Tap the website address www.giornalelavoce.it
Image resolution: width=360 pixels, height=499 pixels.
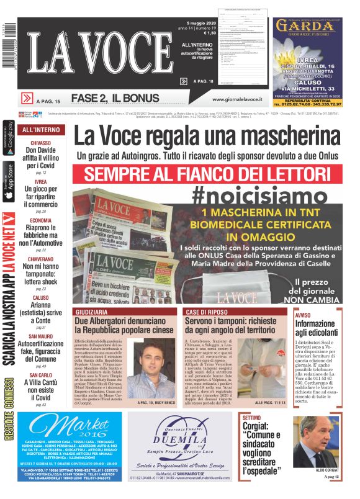236,99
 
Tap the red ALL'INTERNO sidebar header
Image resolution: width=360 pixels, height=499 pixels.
41,130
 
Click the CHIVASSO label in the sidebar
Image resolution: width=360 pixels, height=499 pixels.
41,143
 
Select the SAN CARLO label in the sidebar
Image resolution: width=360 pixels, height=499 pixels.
41,375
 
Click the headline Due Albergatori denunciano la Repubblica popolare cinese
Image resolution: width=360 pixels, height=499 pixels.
124,325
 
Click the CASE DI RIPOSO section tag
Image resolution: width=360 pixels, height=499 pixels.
205,311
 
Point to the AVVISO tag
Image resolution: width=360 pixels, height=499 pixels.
303,315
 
